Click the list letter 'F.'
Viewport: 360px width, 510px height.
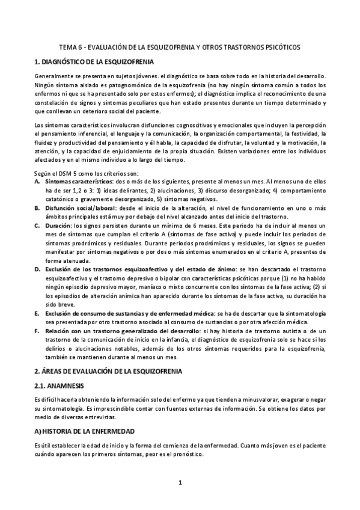(x=37, y=331)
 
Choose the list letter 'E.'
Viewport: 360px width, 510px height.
(x=37, y=314)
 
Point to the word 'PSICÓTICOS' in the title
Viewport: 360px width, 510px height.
(x=283, y=47)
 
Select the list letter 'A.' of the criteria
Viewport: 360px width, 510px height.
(x=37, y=181)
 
